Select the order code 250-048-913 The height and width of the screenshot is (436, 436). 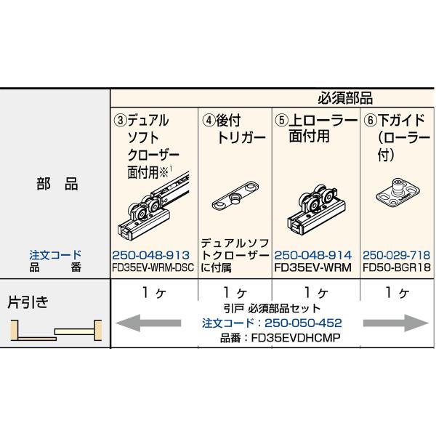tap(151, 255)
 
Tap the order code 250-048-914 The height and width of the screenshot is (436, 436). tap(313, 255)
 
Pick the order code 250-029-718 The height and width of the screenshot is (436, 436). tap(396, 255)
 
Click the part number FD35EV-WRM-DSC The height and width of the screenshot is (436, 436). tap(153, 266)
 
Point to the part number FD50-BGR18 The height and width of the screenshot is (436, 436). tap(396, 266)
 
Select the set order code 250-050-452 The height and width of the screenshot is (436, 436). tap(272, 322)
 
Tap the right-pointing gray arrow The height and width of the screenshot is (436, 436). tap(392, 321)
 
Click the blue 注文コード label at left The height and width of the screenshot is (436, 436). tap(54, 255)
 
